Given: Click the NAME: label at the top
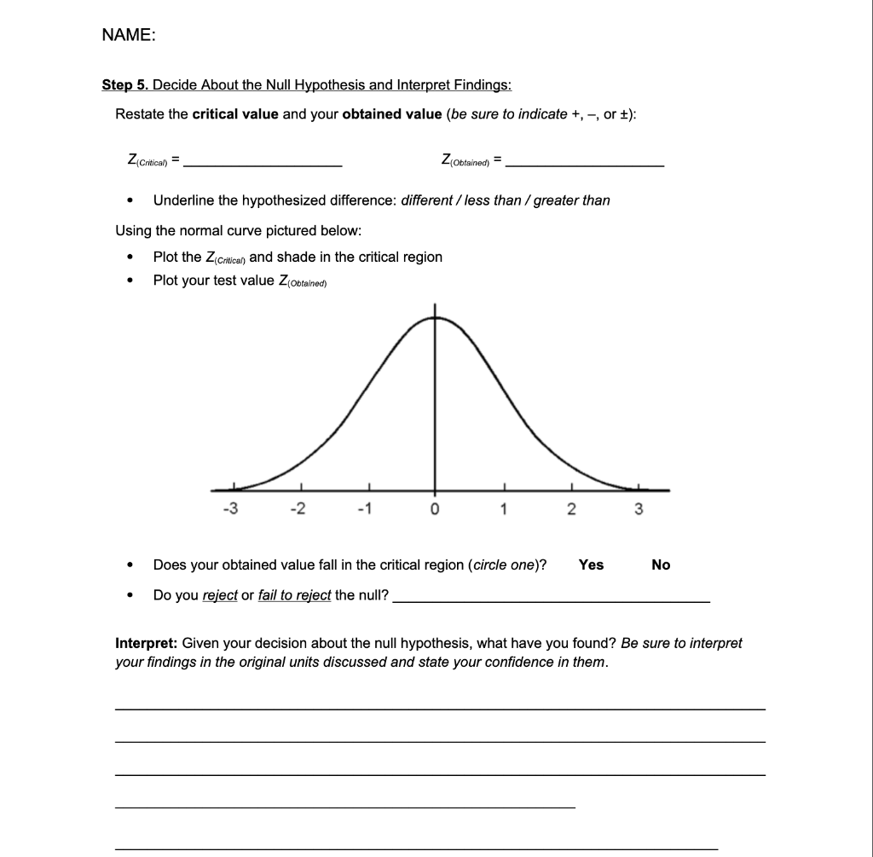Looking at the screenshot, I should [x=128, y=35].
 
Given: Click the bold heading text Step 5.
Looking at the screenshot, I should [x=124, y=84].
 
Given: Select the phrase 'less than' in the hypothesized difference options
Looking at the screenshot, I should [x=494, y=200].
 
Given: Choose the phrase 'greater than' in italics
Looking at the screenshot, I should [x=571, y=200].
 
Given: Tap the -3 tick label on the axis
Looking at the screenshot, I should [x=229, y=510].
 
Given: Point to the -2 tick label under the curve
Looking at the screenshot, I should [x=298, y=510].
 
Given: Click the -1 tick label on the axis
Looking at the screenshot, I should [x=365, y=510].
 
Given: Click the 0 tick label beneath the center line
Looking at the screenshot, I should [x=435, y=510].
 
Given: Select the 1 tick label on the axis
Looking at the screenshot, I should [x=504, y=510].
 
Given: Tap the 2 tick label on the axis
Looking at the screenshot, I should [x=571, y=510].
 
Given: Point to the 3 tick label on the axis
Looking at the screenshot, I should [x=639, y=510].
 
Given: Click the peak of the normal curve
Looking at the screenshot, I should [x=435, y=317].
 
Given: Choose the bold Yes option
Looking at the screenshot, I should [x=591, y=565].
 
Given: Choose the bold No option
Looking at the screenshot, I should [x=661, y=565].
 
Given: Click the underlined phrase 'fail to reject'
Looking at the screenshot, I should [x=294, y=595].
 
